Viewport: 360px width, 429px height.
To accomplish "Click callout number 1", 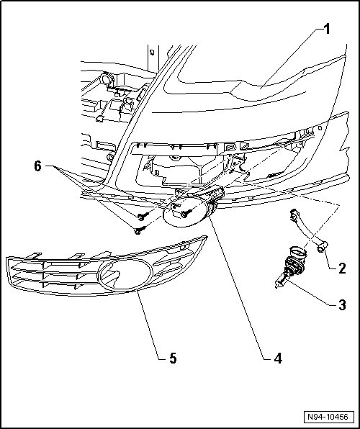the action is click(x=327, y=29).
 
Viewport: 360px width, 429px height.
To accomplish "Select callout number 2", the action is click(x=342, y=268).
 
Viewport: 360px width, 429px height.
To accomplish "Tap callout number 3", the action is click(x=342, y=305).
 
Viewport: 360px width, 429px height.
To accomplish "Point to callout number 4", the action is click(x=278, y=358).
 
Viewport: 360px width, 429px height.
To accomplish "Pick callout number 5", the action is click(x=173, y=358).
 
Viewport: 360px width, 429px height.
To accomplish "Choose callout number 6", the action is click(x=37, y=166).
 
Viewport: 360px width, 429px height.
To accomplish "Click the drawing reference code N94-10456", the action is click(x=328, y=417).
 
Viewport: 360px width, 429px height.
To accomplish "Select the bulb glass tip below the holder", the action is click(x=279, y=283).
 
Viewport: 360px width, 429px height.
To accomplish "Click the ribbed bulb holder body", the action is click(x=294, y=266).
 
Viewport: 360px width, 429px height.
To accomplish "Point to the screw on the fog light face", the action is click(x=186, y=213).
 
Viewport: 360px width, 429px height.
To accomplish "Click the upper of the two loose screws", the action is click(x=143, y=217).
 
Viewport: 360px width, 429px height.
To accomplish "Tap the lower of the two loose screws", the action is click(x=140, y=230).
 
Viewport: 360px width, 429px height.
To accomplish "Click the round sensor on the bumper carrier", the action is click(x=107, y=78).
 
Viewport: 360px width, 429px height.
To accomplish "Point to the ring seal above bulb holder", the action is click(x=297, y=252).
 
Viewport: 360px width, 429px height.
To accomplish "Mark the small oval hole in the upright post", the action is click(x=152, y=51).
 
